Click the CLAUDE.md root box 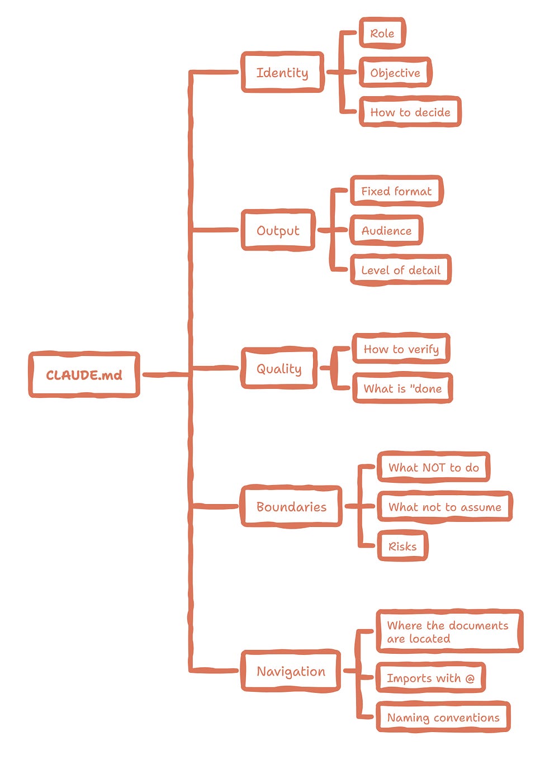84,374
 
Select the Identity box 282,72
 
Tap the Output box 278,230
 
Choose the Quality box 279,368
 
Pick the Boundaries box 291,506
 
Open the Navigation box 291,671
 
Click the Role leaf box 382,33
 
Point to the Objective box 395,73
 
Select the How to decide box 410,112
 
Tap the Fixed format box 396,191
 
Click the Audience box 386,230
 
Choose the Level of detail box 400,270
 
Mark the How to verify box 401,349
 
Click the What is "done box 402,388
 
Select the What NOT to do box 434,467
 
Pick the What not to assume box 445,506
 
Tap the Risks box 402,546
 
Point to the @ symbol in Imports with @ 470,678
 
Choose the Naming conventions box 443,717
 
